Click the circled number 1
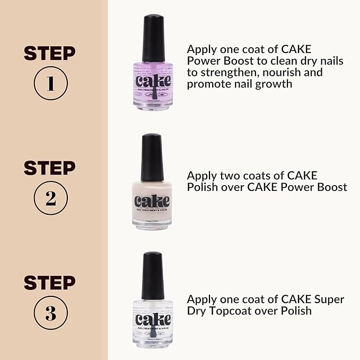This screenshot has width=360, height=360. point(50,84)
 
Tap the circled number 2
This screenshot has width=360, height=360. point(50,198)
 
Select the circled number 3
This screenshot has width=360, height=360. point(50,313)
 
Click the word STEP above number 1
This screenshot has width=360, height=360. point(50,53)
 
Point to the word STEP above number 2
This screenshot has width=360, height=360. point(50,168)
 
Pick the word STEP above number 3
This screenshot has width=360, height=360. point(50,283)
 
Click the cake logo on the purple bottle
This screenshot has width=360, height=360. point(153,81)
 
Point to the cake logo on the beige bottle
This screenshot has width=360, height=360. point(152,201)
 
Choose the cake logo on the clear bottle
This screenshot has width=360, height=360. point(153,320)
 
